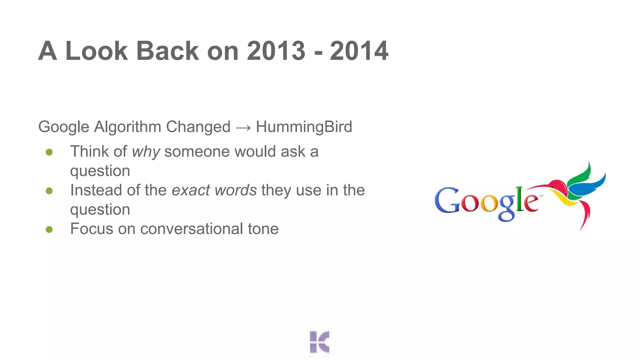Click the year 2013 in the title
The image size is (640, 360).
click(276, 51)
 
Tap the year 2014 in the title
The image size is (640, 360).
click(359, 51)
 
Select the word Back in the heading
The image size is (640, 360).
click(167, 51)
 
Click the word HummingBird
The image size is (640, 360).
click(304, 127)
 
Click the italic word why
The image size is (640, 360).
click(146, 152)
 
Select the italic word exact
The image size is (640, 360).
click(191, 190)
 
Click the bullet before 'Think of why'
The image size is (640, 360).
click(49, 152)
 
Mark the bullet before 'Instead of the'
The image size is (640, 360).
click(49, 191)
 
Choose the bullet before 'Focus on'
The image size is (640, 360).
click(49, 229)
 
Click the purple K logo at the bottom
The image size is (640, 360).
click(319, 342)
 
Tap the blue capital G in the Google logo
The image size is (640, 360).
click(446, 201)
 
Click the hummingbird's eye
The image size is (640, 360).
click(552, 187)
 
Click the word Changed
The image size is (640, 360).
click(198, 127)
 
